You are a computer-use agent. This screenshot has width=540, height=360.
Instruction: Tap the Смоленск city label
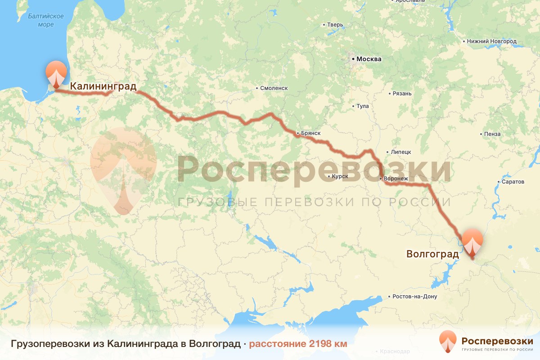point(274,88)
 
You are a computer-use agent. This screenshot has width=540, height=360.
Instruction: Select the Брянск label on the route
point(310,133)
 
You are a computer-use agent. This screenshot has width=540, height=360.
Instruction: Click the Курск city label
point(340,176)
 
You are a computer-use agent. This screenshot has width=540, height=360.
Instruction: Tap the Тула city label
point(363,106)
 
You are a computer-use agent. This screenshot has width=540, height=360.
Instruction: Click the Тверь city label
point(335,24)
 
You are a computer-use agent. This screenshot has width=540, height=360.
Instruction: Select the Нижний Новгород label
point(492,41)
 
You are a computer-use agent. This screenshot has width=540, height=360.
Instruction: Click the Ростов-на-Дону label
point(414,297)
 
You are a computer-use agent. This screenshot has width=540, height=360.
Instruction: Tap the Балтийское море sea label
point(45,20)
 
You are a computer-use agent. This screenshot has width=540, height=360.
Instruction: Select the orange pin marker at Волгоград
point(472,243)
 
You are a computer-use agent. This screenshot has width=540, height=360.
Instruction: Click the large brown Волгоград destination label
point(432,254)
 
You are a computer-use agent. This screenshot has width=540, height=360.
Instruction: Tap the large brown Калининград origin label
point(103,86)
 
